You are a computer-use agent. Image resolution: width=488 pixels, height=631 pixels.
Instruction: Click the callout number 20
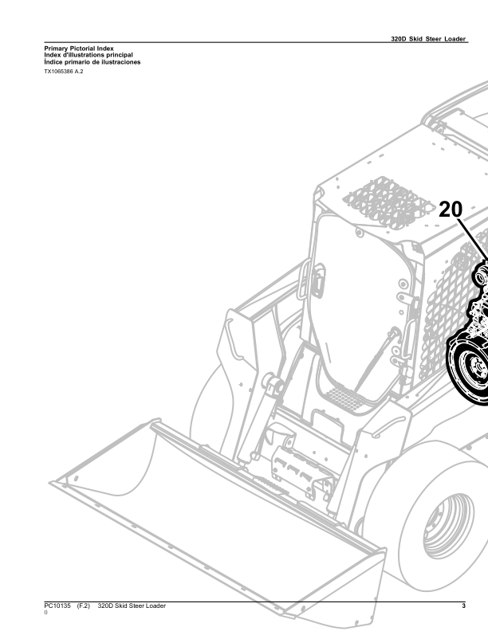coord(451,210)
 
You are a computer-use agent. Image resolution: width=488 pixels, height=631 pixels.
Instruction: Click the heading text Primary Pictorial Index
coord(79,49)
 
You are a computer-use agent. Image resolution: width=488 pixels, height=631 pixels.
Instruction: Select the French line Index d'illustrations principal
coord(89,55)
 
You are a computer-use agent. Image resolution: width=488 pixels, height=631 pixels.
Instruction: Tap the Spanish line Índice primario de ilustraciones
coord(92,62)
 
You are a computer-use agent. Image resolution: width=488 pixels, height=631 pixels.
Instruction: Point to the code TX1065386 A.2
coord(64,72)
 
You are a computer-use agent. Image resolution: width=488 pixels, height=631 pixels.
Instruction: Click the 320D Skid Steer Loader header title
coord(428,38)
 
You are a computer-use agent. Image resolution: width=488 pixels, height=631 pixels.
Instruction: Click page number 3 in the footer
coord(464,606)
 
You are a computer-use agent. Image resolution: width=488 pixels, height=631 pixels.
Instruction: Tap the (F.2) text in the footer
coord(84,606)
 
